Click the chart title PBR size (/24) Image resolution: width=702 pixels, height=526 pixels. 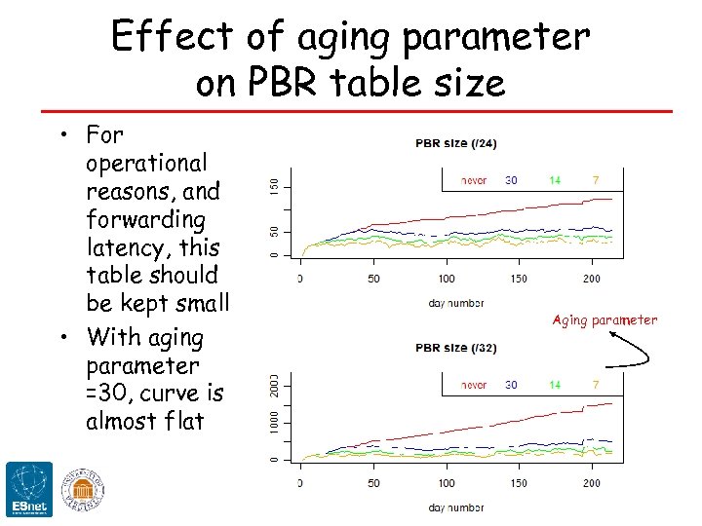point(456,144)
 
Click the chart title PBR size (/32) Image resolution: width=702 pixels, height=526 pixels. point(456,348)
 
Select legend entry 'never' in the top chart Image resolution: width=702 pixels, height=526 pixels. point(473,180)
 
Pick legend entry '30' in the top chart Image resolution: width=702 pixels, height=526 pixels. point(511,180)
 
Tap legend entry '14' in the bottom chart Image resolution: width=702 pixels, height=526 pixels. point(554,385)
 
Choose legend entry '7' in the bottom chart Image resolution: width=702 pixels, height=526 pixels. point(595,385)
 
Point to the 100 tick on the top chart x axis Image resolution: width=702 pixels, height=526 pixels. point(447,279)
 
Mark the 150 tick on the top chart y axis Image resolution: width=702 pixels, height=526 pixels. point(274,184)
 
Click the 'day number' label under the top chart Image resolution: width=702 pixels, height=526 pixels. point(455,303)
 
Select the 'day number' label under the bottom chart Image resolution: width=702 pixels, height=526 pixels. point(455,507)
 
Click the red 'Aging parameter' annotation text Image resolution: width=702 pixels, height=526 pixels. point(604,319)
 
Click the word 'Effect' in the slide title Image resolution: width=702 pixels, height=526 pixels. point(172,37)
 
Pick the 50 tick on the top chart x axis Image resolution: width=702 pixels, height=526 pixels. point(372,279)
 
